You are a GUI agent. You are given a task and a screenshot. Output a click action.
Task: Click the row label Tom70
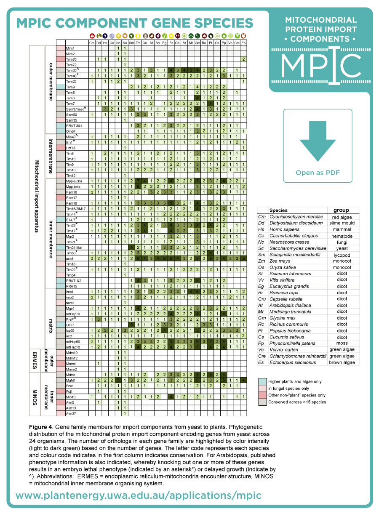(x=71, y=59)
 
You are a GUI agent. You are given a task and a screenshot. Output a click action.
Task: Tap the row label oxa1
(x=70, y=258)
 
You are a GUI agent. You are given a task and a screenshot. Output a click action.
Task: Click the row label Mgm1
(x=71, y=380)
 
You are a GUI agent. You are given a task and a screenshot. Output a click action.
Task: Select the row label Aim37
(x=71, y=413)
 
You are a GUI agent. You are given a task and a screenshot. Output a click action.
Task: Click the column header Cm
(x=92, y=43)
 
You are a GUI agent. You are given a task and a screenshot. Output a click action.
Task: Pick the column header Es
(x=244, y=43)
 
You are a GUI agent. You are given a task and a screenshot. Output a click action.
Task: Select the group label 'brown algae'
(x=341, y=362)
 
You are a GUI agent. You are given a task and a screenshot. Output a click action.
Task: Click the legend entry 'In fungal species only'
(x=291, y=388)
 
